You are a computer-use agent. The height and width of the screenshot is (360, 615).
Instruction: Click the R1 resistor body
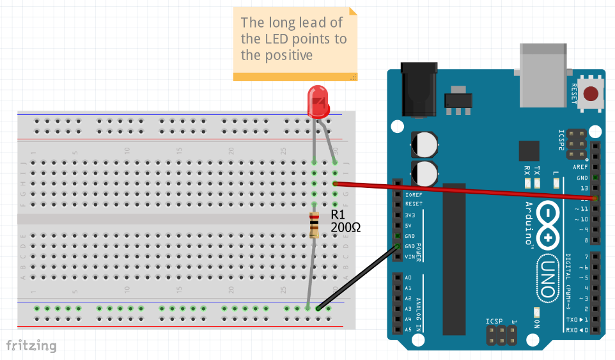(x=314, y=225)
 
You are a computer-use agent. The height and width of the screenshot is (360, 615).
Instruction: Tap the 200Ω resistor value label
(x=345, y=226)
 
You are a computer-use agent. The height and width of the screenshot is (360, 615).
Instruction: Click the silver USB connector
(x=544, y=67)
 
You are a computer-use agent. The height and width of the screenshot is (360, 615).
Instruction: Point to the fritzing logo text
(x=31, y=346)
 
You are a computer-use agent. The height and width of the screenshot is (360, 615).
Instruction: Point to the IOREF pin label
(x=414, y=194)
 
